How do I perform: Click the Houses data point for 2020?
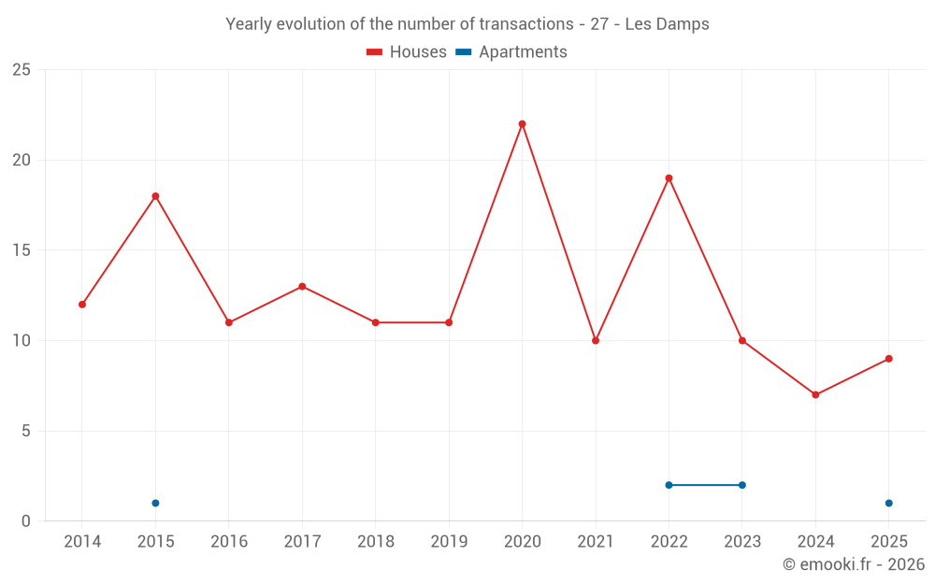(x=522, y=123)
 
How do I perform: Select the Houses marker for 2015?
(x=155, y=196)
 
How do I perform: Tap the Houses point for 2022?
(x=669, y=178)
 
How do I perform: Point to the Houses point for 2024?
(x=815, y=394)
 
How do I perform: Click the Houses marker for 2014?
(x=82, y=305)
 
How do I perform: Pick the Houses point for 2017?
(x=302, y=286)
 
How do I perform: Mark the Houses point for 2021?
(x=596, y=340)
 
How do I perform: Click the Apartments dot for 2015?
(x=155, y=503)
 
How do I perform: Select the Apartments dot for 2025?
(x=888, y=503)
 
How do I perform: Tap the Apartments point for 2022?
(x=669, y=485)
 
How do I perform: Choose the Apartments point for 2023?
(x=742, y=485)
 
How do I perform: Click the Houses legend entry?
(x=407, y=52)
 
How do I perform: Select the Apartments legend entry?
(x=511, y=52)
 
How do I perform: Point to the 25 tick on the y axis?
(x=22, y=70)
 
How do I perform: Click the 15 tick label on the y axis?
(x=22, y=250)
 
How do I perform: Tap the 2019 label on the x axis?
(x=449, y=542)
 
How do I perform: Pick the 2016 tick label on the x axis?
(x=229, y=542)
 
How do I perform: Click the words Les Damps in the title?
(x=667, y=24)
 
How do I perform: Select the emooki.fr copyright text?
(x=854, y=564)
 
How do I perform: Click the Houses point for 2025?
(x=888, y=359)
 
